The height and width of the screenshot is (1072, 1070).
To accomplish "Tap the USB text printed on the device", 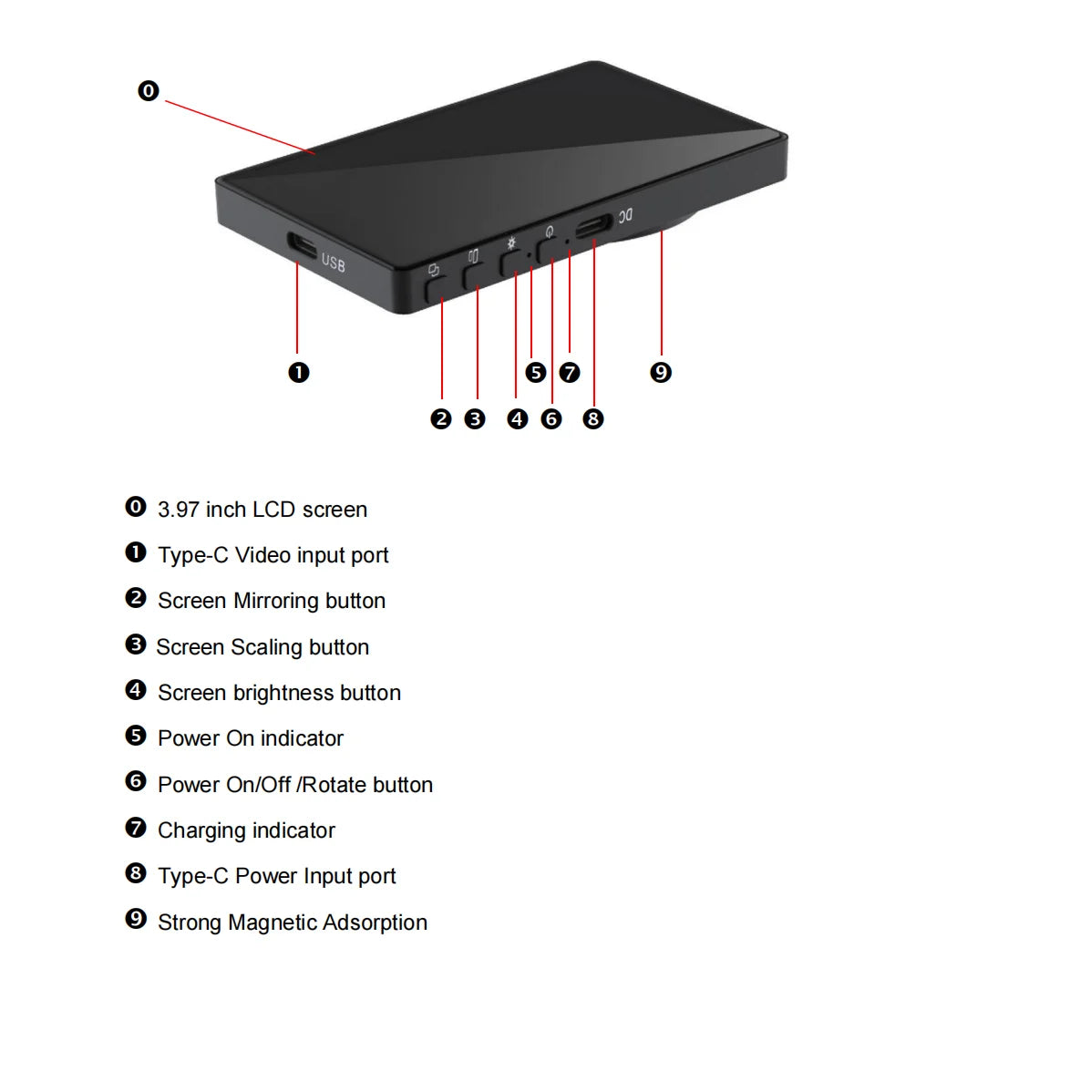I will [334, 263].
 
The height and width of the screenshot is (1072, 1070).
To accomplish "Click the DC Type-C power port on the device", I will [593, 224].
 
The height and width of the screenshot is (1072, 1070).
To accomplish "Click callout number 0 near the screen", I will [148, 91].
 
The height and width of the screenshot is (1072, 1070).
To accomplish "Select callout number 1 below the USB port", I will [299, 372].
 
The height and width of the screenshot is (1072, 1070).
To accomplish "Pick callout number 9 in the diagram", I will [661, 372].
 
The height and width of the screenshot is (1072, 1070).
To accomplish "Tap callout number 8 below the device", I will [593, 418].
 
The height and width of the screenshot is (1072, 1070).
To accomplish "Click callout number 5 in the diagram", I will [536, 372].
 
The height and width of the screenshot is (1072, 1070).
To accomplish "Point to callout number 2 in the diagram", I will [441, 418].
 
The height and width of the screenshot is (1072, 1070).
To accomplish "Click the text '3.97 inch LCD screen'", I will [262, 510].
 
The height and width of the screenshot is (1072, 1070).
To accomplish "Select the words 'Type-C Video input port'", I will [273, 555].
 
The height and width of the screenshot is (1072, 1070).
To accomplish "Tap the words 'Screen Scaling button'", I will [262, 647].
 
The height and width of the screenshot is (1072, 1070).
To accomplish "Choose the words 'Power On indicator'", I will [250, 738].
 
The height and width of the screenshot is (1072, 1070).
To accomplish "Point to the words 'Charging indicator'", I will [246, 830].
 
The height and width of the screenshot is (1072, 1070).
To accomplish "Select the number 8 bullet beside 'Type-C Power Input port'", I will [136, 873].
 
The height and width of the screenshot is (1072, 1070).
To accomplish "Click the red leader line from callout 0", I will [239, 127].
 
